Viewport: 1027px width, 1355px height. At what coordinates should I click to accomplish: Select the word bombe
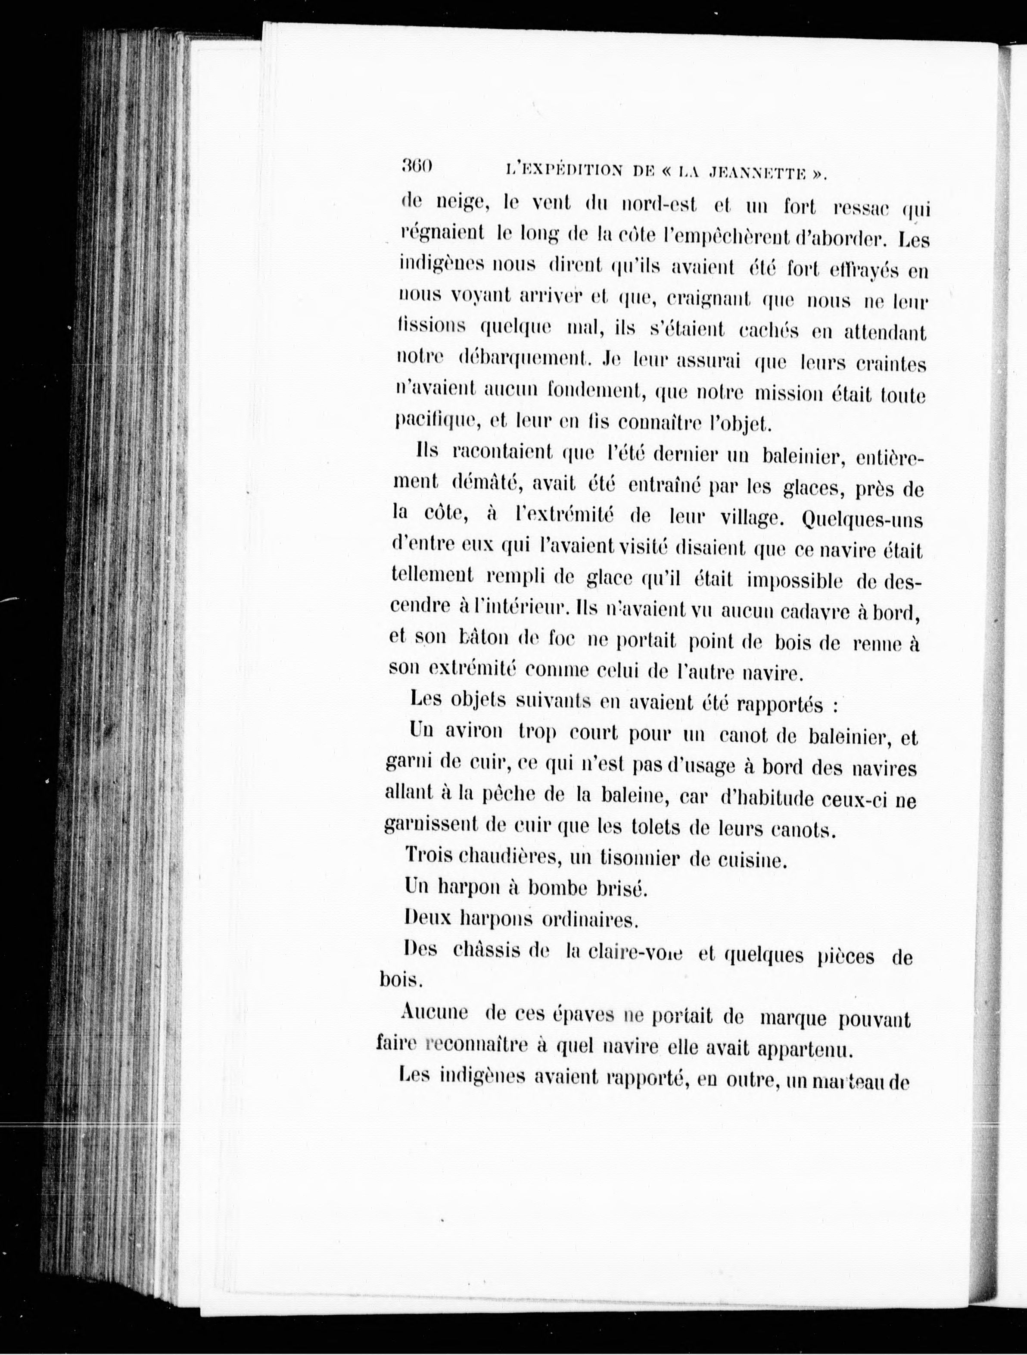557,888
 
